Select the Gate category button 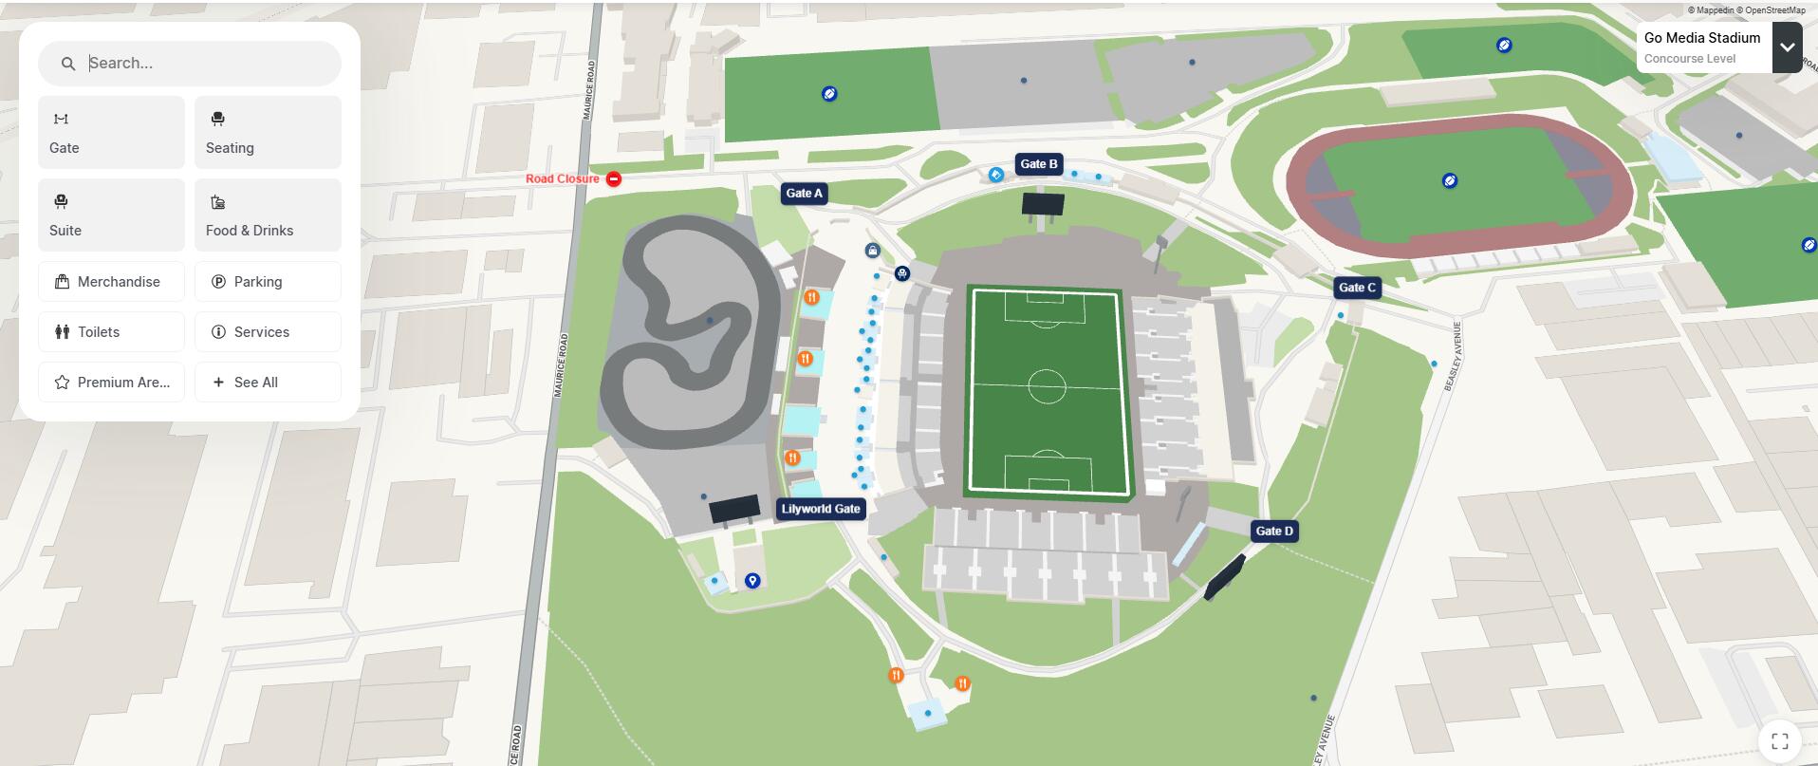[111, 132]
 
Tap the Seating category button [268, 132]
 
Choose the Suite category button [111, 215]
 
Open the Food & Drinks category [268, 215]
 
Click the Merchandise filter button [111, 282]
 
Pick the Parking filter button [268, 282]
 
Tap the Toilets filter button [111, 332]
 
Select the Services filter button [268, 332]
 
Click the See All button [268, 383]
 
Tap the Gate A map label [804, 194]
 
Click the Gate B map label [1038, 164]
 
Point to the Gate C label [1356, 288]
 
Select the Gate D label [1273, 532]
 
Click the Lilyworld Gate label [821, 509]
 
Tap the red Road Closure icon [614, 178]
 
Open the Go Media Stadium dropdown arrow [1787, 47]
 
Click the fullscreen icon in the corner [1779, 741]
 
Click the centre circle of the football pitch [1047, 386]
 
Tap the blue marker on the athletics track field [1449, 180]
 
